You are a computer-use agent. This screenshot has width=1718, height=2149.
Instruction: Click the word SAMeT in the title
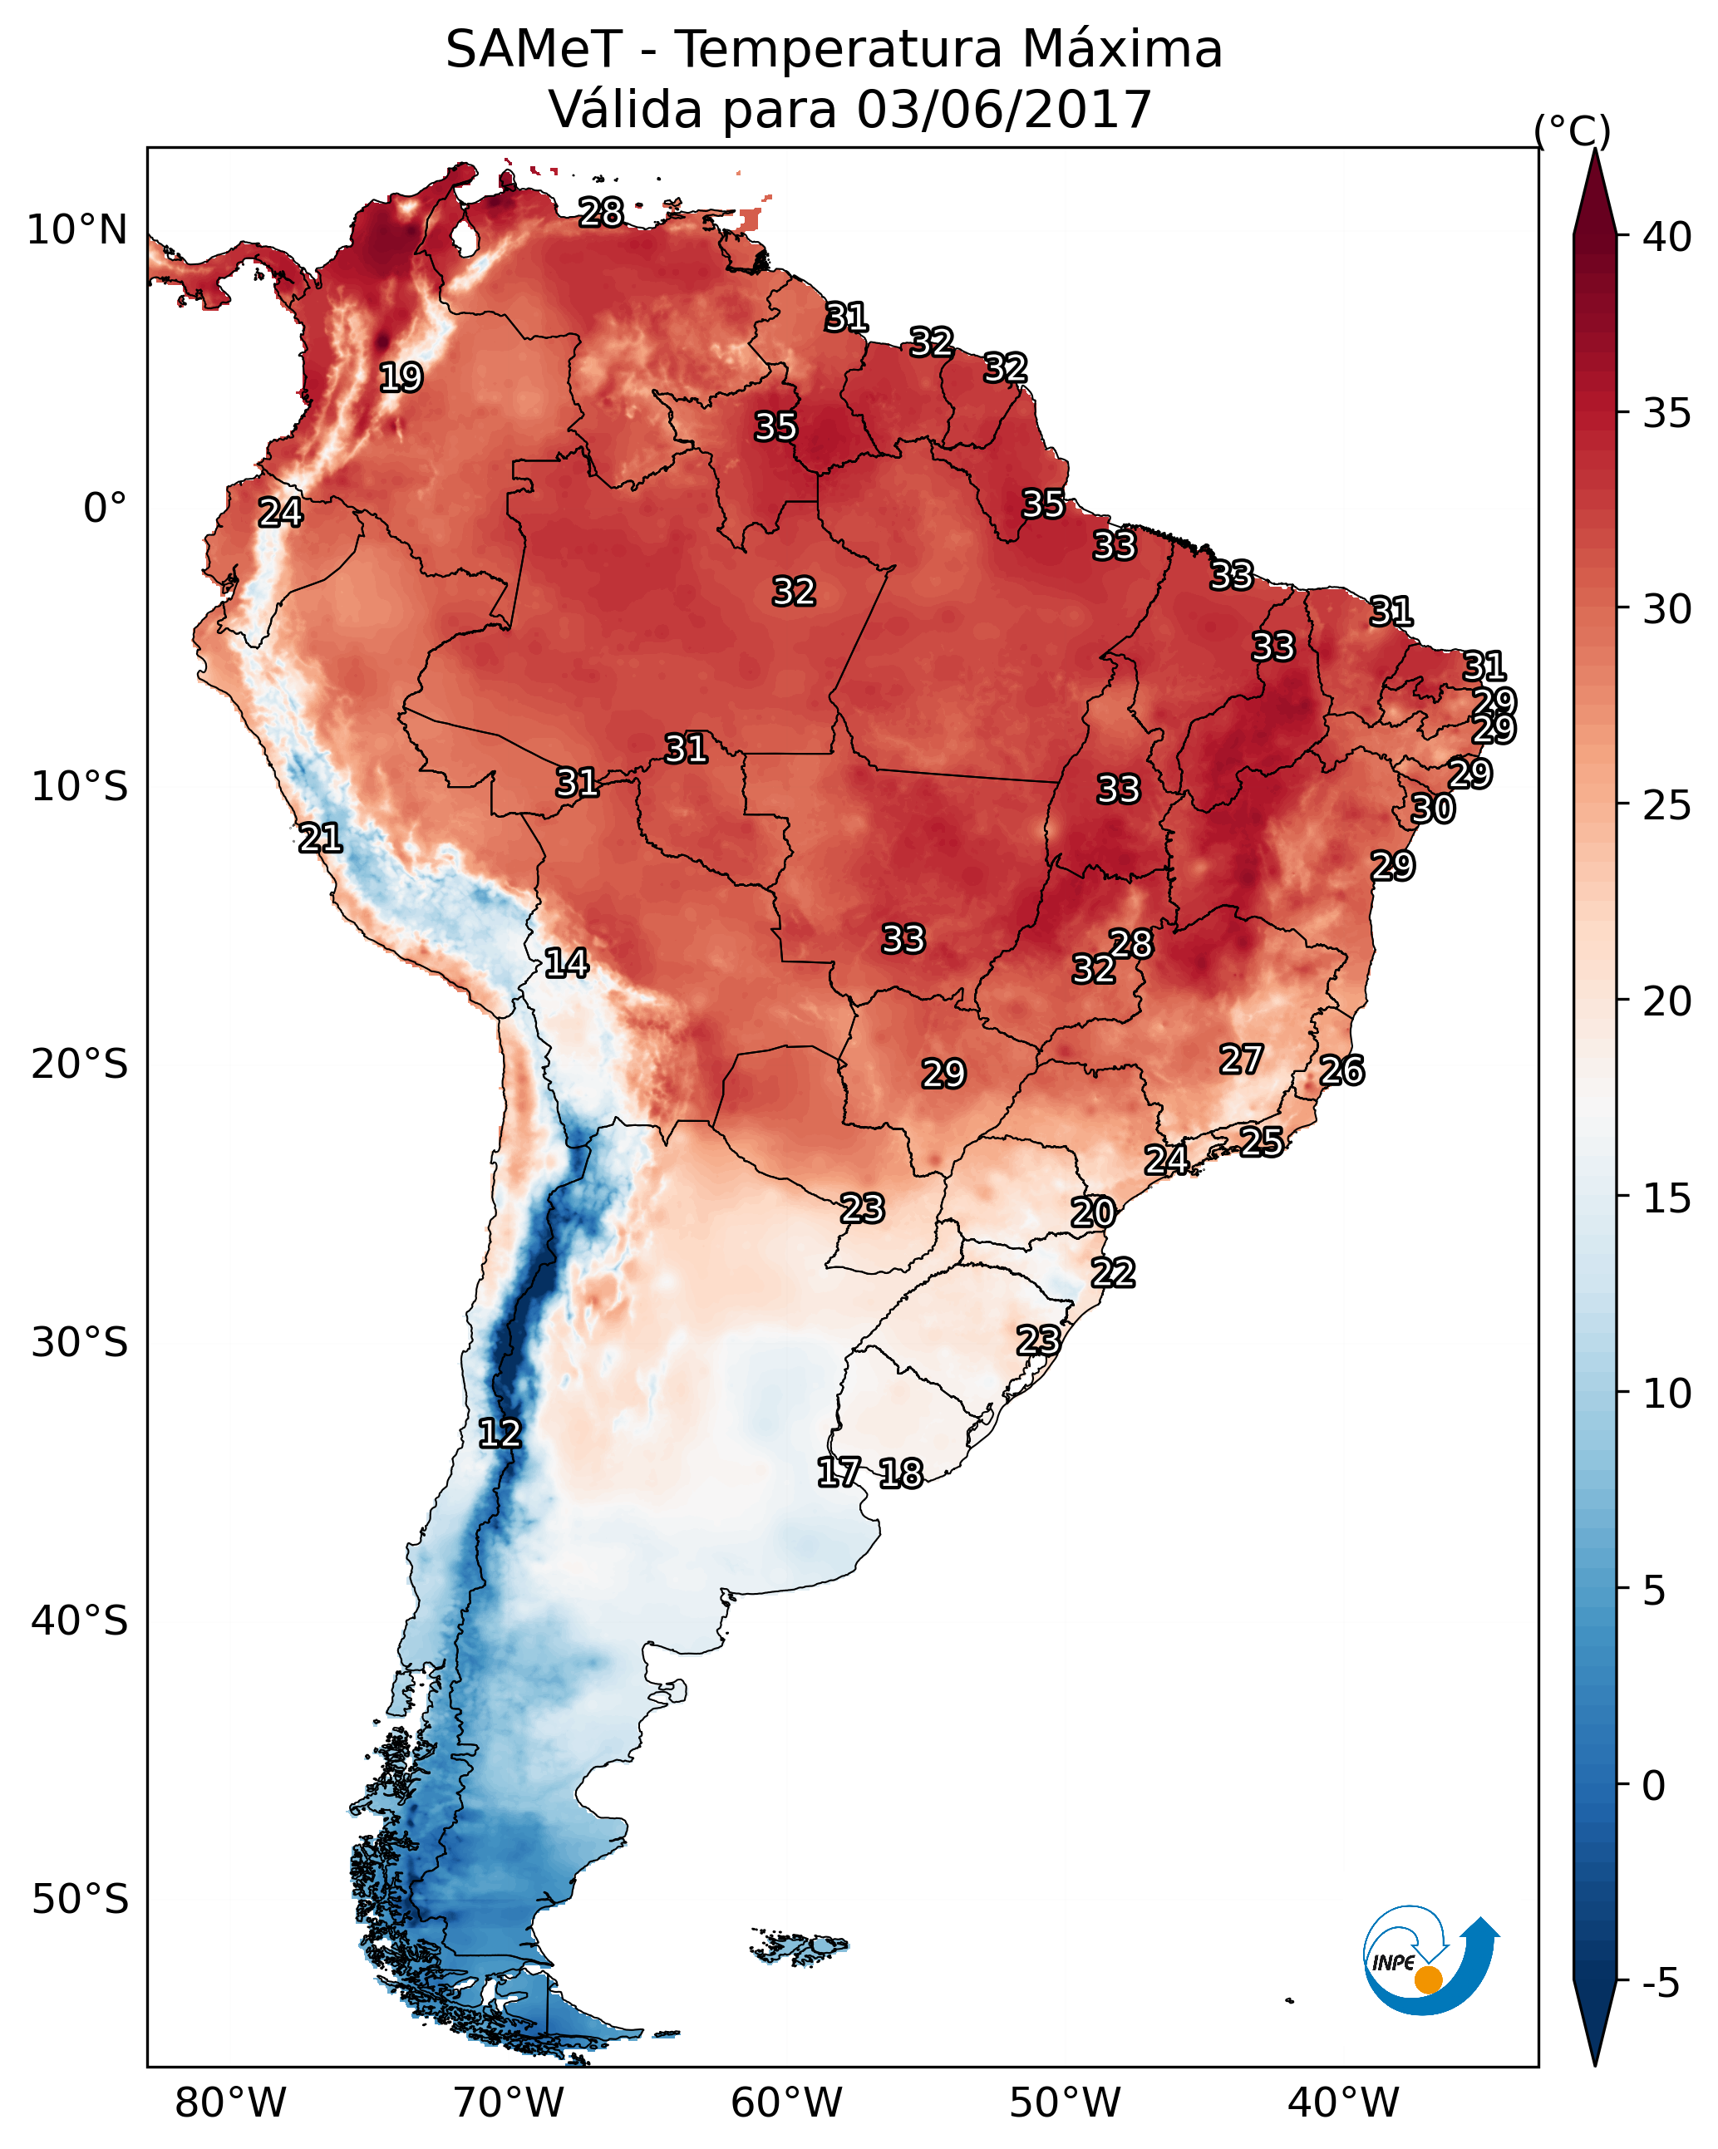tap(533, 50)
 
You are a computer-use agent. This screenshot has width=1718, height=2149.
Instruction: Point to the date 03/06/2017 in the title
tap(1003, 110)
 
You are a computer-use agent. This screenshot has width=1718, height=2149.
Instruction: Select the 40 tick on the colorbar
tap(1667, 237)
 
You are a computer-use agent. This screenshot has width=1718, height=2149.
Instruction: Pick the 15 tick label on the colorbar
tap(1667, 1198)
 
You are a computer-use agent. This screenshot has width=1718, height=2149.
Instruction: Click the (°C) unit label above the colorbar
tap(1572, 131)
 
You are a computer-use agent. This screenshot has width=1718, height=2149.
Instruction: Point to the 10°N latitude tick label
tap(76, 230)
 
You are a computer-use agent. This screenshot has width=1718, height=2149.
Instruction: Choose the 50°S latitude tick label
tap(80, 1900)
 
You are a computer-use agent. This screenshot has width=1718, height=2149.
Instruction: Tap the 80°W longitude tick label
tap(230, 2102)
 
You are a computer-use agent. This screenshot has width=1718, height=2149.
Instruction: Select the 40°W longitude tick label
tap(1343, 2102)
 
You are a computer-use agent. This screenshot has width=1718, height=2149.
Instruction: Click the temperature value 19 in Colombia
tap(401, 378)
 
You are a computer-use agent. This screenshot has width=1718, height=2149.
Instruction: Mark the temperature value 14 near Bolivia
tap(566, 963)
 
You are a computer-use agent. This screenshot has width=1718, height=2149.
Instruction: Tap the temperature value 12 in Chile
tap(500, 1433)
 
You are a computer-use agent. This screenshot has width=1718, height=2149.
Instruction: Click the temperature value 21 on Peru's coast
tap(320, 838)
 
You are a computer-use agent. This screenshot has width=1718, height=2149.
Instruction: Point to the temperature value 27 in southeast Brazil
tap(1242, 1060)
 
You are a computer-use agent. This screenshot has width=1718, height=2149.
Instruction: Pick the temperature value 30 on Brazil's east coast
tap(1433, 809)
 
